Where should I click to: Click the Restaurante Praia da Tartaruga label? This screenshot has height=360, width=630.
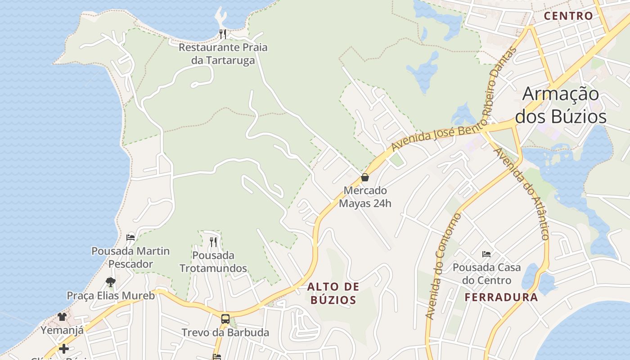pyautogui.click(x=223, y=54)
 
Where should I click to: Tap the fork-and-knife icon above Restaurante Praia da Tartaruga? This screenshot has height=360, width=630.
pyautogui.click(x=222, y=34)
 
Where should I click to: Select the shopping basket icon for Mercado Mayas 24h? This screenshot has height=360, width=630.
pyautogui.click(x=365, y=177)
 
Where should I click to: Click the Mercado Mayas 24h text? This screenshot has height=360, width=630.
pyautogui.click(x=365, y=197)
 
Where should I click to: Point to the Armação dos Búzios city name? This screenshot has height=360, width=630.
pyautogui.click(x=561, y=105)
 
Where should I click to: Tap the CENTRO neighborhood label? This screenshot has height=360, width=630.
pyautogui.click(x=568, y=16)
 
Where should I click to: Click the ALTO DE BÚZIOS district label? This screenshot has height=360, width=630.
pyautogui.click(x=333, y=293)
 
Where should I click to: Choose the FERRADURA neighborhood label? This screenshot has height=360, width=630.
pyautogui.click(x=501, y=297)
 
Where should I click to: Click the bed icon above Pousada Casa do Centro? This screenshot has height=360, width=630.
pyautogui.click(x=486, y=254)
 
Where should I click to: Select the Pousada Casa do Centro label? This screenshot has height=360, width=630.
pyautogui.click(x=486, y=274)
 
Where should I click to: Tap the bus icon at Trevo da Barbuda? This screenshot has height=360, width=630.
pyautogui.click(x=225, y=319)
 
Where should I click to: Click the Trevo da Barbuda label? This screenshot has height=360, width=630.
pyautogui.click(x=225, y=333)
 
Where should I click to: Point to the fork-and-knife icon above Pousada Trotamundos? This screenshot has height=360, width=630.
pyautogui.click(x=213, y=242)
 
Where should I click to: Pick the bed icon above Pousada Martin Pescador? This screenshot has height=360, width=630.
pyautogui.click(x=130, y=237)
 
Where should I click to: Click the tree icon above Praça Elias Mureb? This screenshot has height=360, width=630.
pyautogui.click(x=110, y=282)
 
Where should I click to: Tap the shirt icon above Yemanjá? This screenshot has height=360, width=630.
pyautogui.click(x=62, y=317)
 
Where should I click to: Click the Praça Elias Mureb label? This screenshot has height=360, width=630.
pyautogui.click(x=111, y=296)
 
